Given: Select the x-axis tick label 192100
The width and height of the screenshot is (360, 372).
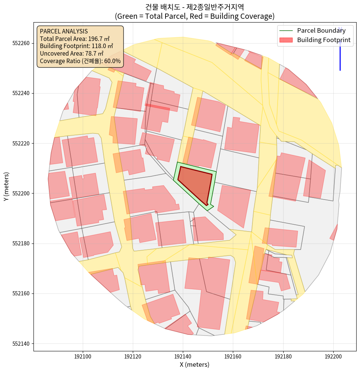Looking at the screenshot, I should pos(83,356).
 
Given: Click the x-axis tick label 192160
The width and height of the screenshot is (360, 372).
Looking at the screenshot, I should pos(233,356).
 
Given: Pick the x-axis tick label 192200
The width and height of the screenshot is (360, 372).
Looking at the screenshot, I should pos(333,356).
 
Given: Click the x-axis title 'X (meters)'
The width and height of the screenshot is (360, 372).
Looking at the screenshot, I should pos(194,364).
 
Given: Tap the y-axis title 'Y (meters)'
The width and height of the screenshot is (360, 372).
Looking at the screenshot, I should pos(6,187).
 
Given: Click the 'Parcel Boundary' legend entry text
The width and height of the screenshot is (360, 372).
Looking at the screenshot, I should pos(321,30).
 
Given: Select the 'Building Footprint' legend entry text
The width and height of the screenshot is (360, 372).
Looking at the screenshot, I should pos(324,40).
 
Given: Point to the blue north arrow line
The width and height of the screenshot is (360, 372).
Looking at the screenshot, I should pos(340,53).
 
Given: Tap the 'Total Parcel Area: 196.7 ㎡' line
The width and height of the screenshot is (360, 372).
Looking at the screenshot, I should pos(74,39).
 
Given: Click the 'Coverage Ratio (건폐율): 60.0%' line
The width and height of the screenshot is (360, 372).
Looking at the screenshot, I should pos(80,61).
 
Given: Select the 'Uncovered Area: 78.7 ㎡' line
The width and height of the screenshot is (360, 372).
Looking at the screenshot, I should pos(71,53).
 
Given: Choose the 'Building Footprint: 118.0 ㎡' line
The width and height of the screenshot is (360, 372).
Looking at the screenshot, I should pos(76,46).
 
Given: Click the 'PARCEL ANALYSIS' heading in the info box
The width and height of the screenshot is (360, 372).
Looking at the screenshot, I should pos(64,31).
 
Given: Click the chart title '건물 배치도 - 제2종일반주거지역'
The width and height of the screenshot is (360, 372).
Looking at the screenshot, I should pos(194,7).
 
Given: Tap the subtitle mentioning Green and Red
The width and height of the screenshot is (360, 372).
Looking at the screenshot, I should pos(194,16).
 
